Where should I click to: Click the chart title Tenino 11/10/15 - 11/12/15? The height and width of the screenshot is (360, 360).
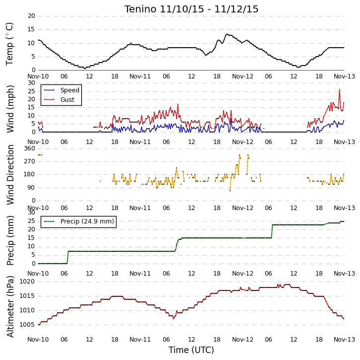(191, 9)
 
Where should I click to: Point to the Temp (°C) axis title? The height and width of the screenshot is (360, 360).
(9, 44)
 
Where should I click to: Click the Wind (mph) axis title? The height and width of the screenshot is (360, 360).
(10, 109)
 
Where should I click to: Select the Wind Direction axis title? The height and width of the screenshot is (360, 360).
(10, 175)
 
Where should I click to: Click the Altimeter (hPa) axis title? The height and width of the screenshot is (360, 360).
(10, 306)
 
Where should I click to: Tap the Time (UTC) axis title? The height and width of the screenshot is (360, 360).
(191, 350)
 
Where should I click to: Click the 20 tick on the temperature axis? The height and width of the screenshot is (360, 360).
(31, 16)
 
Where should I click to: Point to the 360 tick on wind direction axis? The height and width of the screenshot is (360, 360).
(30, 148)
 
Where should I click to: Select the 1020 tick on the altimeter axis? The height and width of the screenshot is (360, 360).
(27, 282)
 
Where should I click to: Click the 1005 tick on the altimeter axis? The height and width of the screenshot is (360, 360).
(27, 325)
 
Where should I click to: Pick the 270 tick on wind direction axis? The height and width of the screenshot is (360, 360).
(30, 161)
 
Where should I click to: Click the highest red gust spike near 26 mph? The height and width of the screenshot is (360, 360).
(340, 90)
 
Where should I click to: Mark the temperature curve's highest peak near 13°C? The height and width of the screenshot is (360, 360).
(227, 34)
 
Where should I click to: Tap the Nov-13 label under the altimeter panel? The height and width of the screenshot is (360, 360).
(345, 340)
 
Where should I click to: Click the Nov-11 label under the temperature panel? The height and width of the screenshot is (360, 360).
(140, 76)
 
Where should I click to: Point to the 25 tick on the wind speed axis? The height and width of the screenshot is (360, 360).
(31, 91)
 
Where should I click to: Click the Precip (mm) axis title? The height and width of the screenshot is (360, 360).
(10, 240)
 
